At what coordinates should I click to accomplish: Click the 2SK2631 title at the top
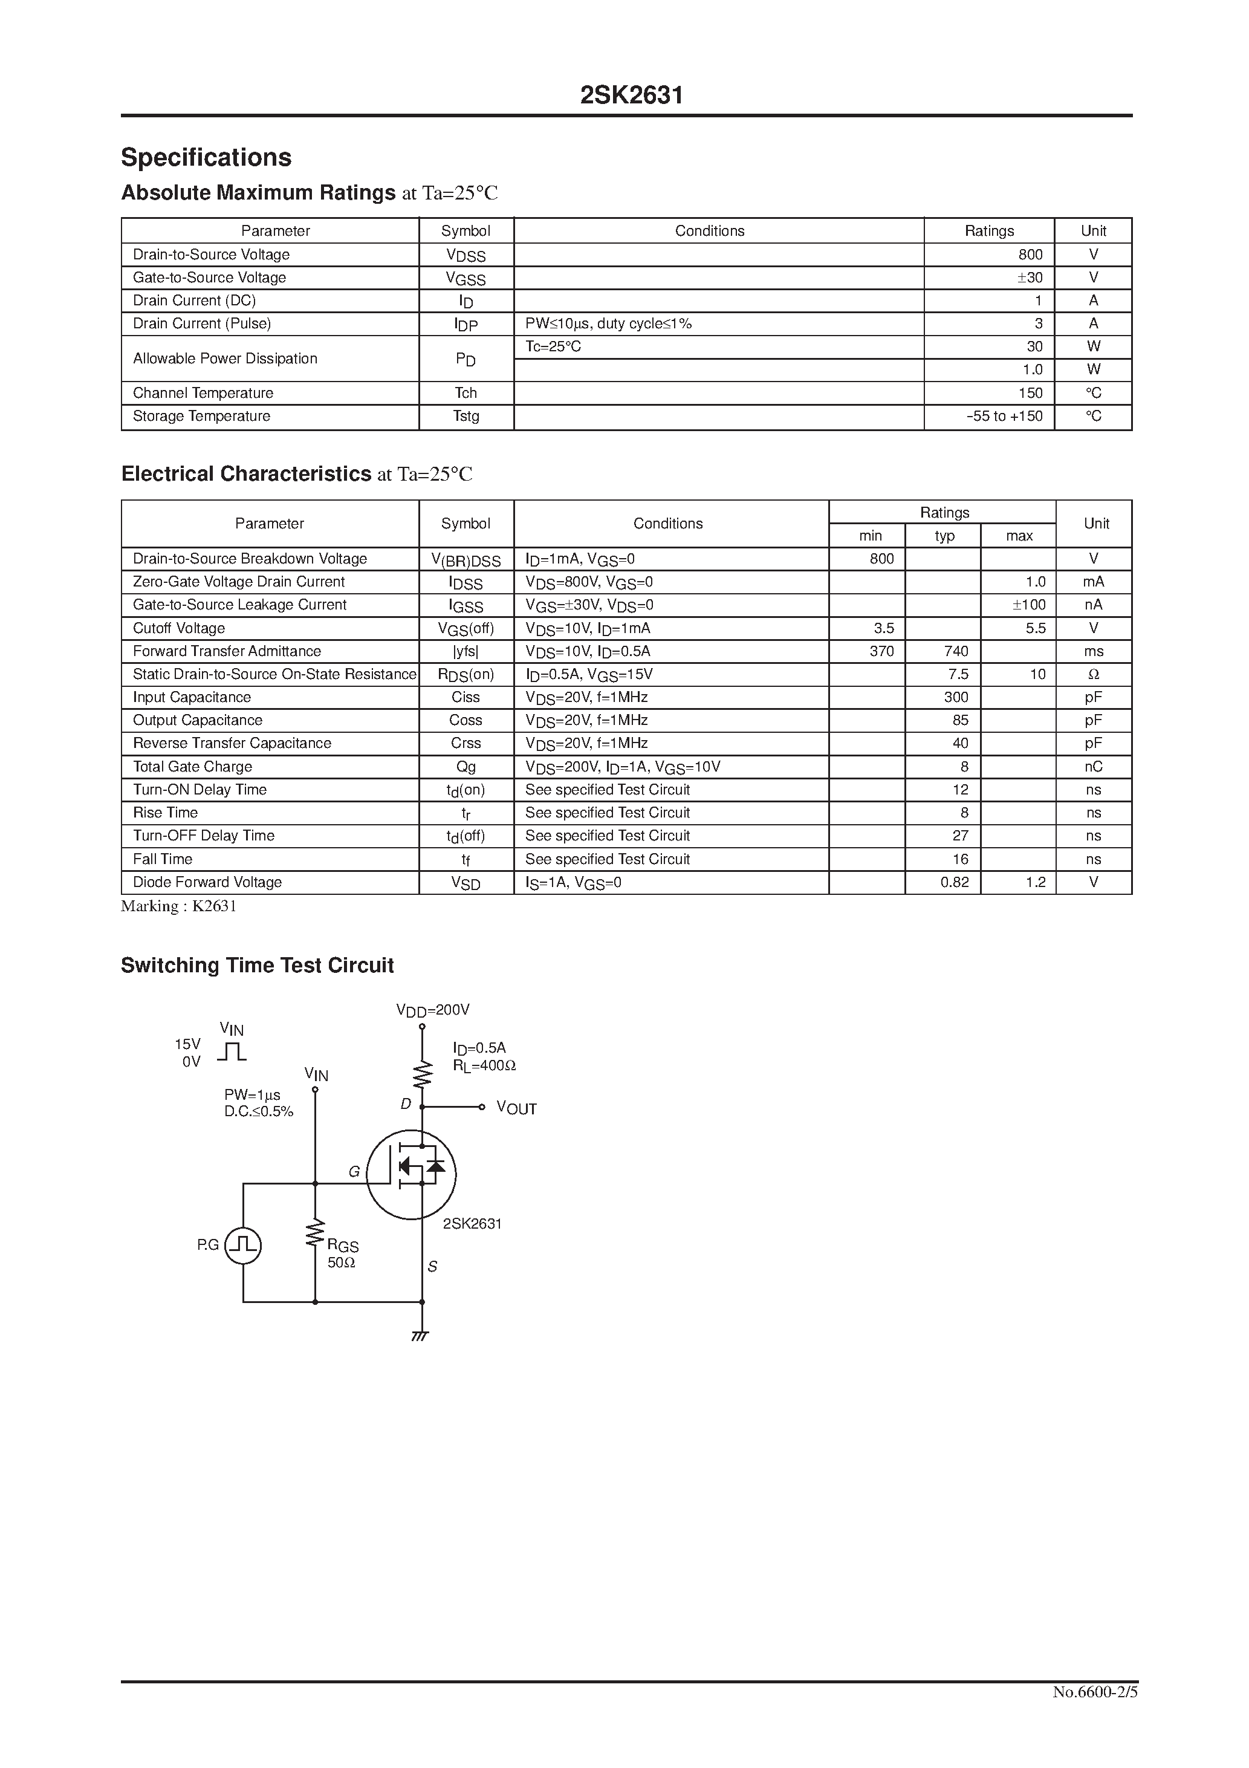[x=631, y=96]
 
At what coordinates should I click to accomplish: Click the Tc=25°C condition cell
[x=553, y=346]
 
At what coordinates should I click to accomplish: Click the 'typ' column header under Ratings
[x=944, y=536]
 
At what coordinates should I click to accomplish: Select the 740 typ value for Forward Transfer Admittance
[x=956, y=651]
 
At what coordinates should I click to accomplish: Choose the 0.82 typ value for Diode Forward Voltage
[x=954, y=882]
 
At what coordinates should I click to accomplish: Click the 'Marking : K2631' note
[x=179, y=906]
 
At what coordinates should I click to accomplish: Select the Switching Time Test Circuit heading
[x=257, y=966]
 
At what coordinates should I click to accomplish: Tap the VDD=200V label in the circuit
[x=433, y=1010]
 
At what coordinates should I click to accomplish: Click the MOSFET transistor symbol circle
[x=411, y=1175]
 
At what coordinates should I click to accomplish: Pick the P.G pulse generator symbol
[x=242, y=1245]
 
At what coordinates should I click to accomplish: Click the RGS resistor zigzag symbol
[x=315, y=1233]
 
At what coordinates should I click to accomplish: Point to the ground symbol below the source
[x=420, y=1337]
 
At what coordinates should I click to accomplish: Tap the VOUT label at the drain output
[x=516, y=1109]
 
